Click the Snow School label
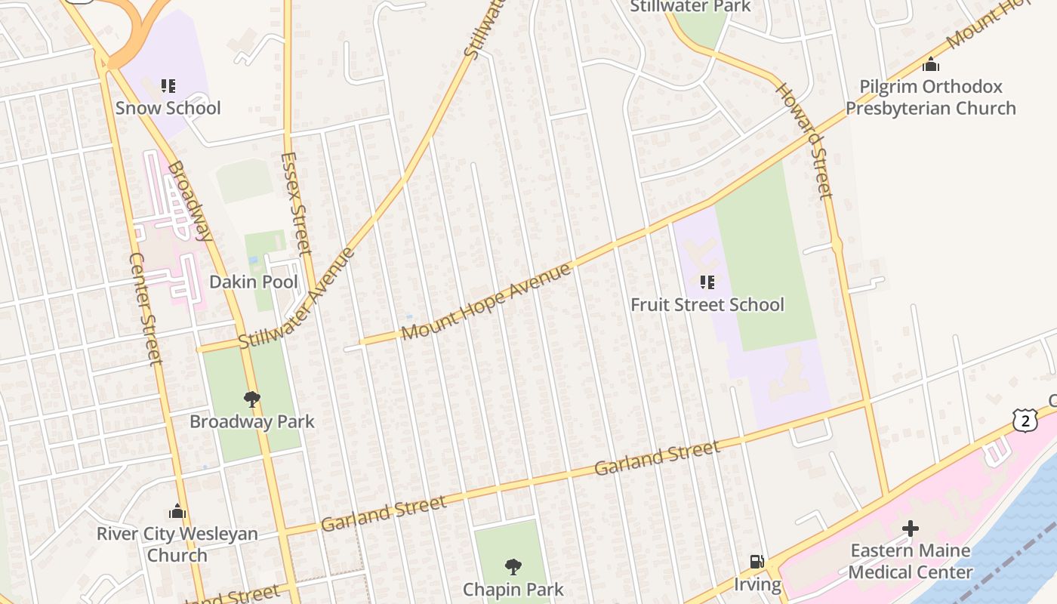point(168,108)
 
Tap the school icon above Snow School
point(168,86)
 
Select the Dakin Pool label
point(254,282)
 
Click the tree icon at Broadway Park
point(252,399)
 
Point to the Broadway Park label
point(252,421)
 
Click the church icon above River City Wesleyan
point(177,511)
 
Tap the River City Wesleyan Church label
point(177,544)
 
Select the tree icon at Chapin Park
point(513,566)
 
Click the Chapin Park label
point(513,589)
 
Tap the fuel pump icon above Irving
point(757,562)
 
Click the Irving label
point(757,584)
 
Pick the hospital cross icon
point(911,528)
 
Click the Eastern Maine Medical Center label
point(911,561)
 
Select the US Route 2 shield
point(1025,421)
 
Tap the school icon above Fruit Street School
point(707,282)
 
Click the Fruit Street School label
point(707,305)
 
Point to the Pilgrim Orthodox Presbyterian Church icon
point(931,64)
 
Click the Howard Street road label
point(805,140)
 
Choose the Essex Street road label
point(295,203)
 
